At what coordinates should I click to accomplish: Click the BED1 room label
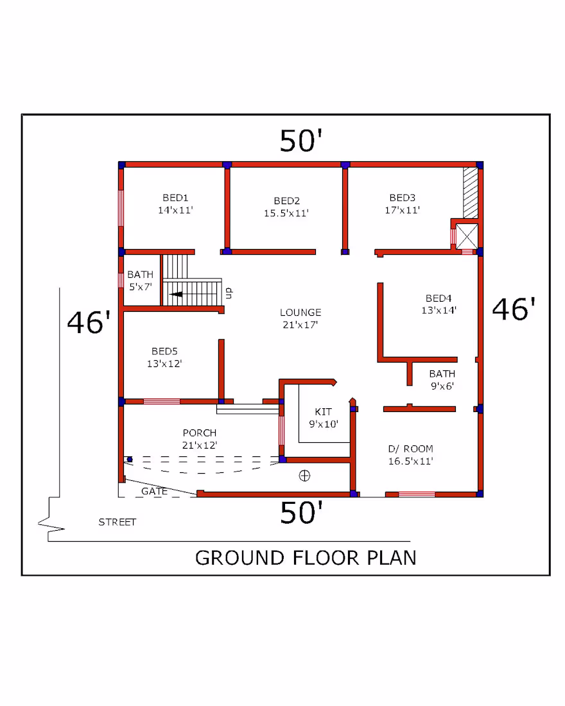(x=175, y=204)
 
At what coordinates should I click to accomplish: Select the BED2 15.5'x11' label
(x=286, y=207)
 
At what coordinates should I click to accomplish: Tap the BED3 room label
(x=403, y=204)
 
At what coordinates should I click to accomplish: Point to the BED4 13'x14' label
(x=439, y=304)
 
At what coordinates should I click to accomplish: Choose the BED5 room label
(x=164, y=357)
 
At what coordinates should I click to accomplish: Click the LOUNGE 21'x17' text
(x=300, y=318)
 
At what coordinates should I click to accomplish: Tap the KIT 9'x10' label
(x=324, y=418)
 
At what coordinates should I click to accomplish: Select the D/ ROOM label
(x=410, y=455)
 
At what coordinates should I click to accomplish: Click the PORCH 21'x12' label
(x=200, y=439)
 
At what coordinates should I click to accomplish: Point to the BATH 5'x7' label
(x=140, y=280)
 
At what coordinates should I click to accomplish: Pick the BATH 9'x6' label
(x=442, y=379)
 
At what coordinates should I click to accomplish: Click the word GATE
(x=154, y=491)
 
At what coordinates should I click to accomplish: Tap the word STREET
(x=117, y=522)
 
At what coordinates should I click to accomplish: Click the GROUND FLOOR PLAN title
(x=306, y=558)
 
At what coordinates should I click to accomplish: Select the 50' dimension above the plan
(x=301, y=141)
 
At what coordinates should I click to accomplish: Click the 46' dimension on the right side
(x=514, y=309)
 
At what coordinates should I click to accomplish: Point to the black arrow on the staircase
(x=176, y=295)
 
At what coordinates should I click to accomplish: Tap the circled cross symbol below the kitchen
(x=304, y=476)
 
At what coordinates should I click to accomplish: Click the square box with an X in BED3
(x=467, y=236)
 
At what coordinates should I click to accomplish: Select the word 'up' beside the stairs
(x=229, y=293)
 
